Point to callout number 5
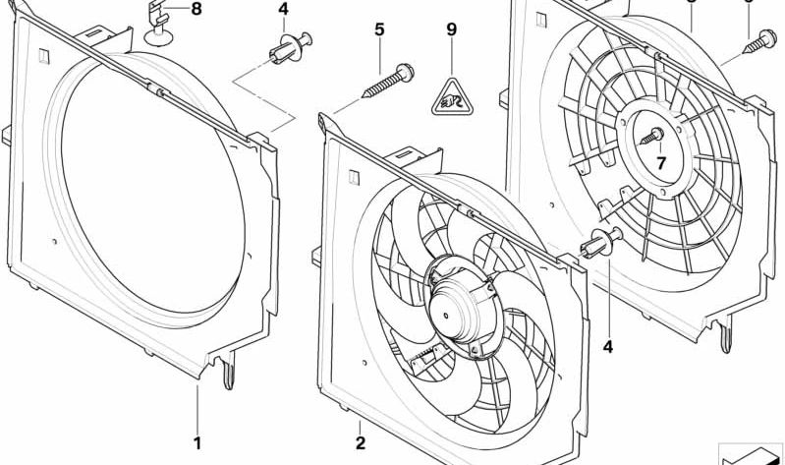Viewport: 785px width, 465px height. tap(379, 30)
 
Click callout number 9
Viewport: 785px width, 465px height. tap(452, 30)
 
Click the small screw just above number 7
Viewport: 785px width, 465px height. tap(653, 136)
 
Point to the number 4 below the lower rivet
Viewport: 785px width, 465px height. tap(607, 346)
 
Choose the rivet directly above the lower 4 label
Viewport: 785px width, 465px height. tap(601, 247)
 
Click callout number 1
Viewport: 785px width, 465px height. tap(197, 442)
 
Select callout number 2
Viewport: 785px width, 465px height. tap(361, 443)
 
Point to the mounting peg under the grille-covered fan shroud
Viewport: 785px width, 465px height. tap(725, 336)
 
